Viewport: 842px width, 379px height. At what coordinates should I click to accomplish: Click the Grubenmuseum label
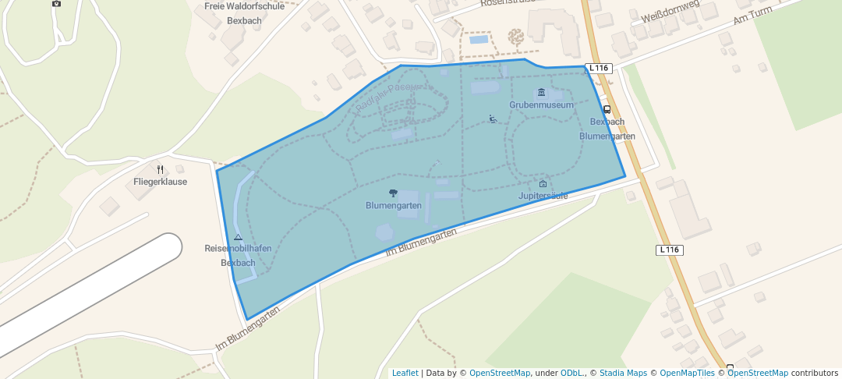tap(541, 104)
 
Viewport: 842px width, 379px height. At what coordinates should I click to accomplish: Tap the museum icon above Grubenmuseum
tap(542, 93)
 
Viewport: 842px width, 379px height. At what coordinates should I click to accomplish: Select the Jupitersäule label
tap(543, 196)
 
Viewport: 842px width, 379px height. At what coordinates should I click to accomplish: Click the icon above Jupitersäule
tap(543, 184)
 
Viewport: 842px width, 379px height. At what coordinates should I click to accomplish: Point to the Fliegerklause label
tap(160, 182)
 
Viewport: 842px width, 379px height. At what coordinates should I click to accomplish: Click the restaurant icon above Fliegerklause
tap(160, 169)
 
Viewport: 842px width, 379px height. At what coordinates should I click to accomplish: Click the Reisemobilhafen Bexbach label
tap(238, 255)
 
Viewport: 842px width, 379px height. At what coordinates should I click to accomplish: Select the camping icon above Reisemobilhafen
tap(238, 237)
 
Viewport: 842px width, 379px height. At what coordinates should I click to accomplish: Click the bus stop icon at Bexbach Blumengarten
tap(607, 109)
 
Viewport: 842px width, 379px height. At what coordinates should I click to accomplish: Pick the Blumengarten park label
tap(394, 205)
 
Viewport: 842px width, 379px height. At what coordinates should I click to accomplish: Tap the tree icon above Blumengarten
tap(393, 193)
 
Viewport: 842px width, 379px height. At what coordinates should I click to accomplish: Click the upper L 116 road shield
tap(598, 68)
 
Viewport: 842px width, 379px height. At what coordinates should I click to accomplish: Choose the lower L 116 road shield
tap(670, 250)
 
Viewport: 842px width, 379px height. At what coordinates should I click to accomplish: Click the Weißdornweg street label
tap(670, 12)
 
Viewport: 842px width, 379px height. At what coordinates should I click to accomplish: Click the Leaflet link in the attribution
tap(405, 373)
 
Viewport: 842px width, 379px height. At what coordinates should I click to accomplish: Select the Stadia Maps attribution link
tap(623, 373)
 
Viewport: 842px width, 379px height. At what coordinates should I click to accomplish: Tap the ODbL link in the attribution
tap(573, 373)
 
